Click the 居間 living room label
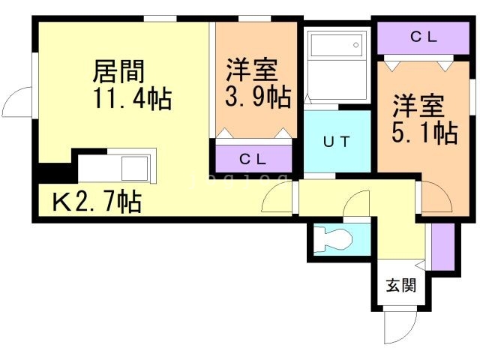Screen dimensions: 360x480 click(118, 72)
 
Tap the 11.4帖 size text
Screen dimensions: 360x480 click(131, 98)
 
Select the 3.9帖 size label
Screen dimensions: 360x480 click(258, 97)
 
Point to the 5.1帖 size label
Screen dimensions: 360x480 click(424, 133)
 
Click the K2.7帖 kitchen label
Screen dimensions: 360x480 click(96, 202)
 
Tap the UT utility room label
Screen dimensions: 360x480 click(337, 141)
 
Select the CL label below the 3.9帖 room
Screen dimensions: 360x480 click(253, 158)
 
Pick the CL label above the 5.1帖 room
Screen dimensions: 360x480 click(424, 37)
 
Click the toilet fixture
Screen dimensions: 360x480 click(332, 239)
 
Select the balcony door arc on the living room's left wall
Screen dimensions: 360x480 click(19, 100)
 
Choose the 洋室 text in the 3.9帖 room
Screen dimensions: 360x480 click(253, 70)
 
